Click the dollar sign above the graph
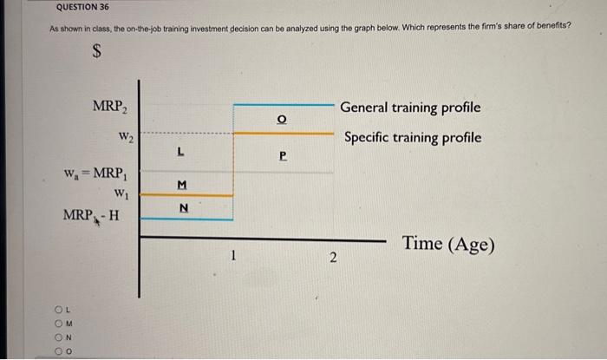pos(99,53)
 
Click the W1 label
pos(121,192)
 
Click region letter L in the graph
pos(179,150)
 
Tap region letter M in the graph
pos(180,183)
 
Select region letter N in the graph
pos(181,207)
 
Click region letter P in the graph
pos(282,158)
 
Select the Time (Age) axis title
pos(448,245)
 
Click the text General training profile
pos(409,109)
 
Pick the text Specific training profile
pos(412,138)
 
